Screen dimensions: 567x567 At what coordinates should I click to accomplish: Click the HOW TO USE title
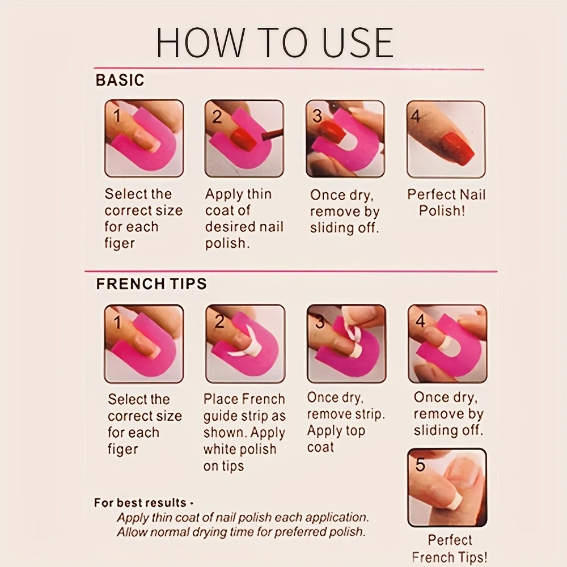(x=274, y=43)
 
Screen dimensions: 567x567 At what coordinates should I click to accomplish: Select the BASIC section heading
(x=120, y=80)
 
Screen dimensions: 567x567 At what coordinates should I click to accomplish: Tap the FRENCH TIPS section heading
(x=151, y=283)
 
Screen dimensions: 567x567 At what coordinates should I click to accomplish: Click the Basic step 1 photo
(x=144, y=139)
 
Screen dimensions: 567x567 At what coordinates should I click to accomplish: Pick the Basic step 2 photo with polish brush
(x=244, y=139)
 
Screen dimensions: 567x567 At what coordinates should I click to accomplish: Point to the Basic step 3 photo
(x=345, y=139)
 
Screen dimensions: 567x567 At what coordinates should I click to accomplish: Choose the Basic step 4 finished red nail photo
(x=446, y=139)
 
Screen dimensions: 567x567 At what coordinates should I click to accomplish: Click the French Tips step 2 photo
(x=245, y=344)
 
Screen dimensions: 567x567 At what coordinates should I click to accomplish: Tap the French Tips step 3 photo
(x=346, y=344)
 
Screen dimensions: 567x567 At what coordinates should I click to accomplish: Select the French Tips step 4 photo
(x=447, y=344)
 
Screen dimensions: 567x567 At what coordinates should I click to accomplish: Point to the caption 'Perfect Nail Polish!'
(x=446, y=202)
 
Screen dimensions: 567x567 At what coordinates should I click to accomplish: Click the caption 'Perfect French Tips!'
(x=450, y=548)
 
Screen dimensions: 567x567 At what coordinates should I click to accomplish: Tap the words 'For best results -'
(x=144, y=502)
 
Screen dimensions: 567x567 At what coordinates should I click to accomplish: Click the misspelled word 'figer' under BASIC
(x=120, y=243)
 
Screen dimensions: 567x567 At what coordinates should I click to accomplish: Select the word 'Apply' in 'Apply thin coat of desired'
(x=223, y=194)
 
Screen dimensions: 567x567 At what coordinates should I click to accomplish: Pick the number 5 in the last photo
(x=420, y=465)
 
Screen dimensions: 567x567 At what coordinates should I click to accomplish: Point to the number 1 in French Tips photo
(x=118, y=323)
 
